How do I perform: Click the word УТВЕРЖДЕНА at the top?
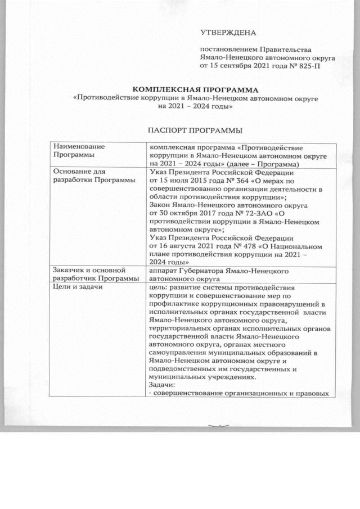(x=228, y=33)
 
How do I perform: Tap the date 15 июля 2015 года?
(x=185, y=181)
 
